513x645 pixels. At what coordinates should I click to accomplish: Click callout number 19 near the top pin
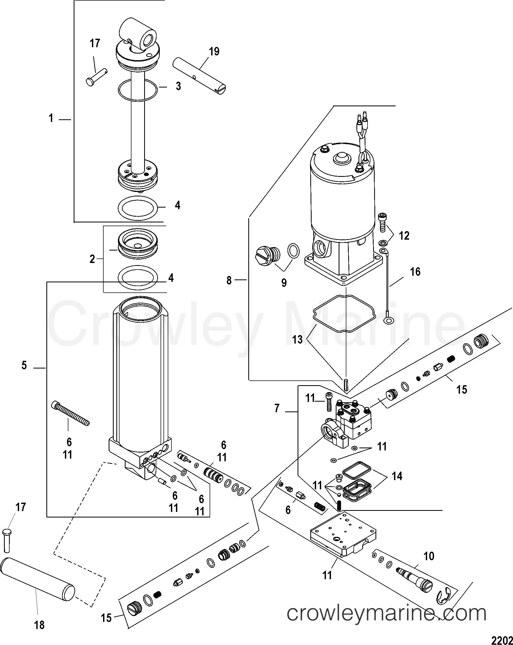point(214,51)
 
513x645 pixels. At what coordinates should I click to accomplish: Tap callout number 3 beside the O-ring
point(178,86)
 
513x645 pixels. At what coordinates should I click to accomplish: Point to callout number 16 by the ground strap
point(415,272)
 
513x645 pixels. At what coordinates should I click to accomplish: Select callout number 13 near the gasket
point(298,340)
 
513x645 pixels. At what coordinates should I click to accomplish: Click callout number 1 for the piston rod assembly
point(51,119)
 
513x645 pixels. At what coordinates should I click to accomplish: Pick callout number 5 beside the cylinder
point(24,365)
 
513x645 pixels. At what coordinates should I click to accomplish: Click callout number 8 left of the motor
point(229,280)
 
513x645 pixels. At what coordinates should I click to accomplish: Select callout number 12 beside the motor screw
point(404,236)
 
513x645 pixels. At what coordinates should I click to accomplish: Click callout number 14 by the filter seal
point(397,476)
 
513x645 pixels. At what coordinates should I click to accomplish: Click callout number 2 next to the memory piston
point(92,259)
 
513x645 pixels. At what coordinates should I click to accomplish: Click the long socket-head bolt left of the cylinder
point(71,414)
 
